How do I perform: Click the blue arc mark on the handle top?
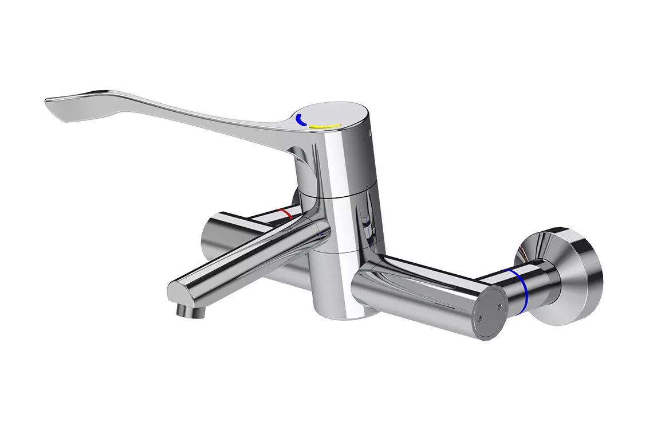[300, 120]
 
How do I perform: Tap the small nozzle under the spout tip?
[187, 310]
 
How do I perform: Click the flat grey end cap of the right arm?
[490, 313]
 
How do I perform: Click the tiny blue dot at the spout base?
[324, 234]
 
